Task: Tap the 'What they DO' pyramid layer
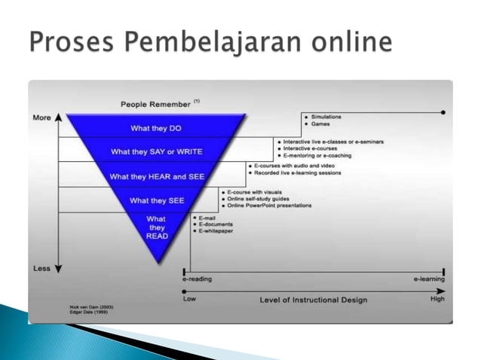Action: tap(156, 127)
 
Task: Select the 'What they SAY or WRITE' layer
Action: tap(156, 152)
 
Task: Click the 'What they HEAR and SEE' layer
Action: tap(156, 177)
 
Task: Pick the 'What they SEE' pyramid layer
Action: tap(156, 201)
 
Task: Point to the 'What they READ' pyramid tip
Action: tap(156, 227)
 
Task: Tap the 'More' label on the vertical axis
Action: tap(41, 118)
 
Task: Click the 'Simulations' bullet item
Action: tap(327, 117)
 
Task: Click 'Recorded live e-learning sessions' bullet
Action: tap(298, 173)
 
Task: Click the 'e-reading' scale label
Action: tap(197, 279)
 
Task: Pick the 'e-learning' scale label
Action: tap(428, 279)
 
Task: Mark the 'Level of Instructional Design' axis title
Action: tap(314, 300)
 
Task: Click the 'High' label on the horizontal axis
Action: tap(437, 299)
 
